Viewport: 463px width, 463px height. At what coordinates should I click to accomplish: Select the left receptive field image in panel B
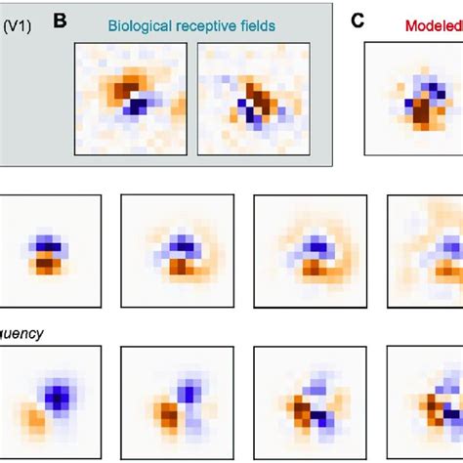coord(130,98)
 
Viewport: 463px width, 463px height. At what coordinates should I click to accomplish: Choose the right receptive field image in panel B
coord(253,98)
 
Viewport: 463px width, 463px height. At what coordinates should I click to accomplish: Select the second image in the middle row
coord(177,251)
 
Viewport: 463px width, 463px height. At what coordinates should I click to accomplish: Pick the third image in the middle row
coord(310,251)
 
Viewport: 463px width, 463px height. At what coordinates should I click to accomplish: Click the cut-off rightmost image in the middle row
coord(426,251)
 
